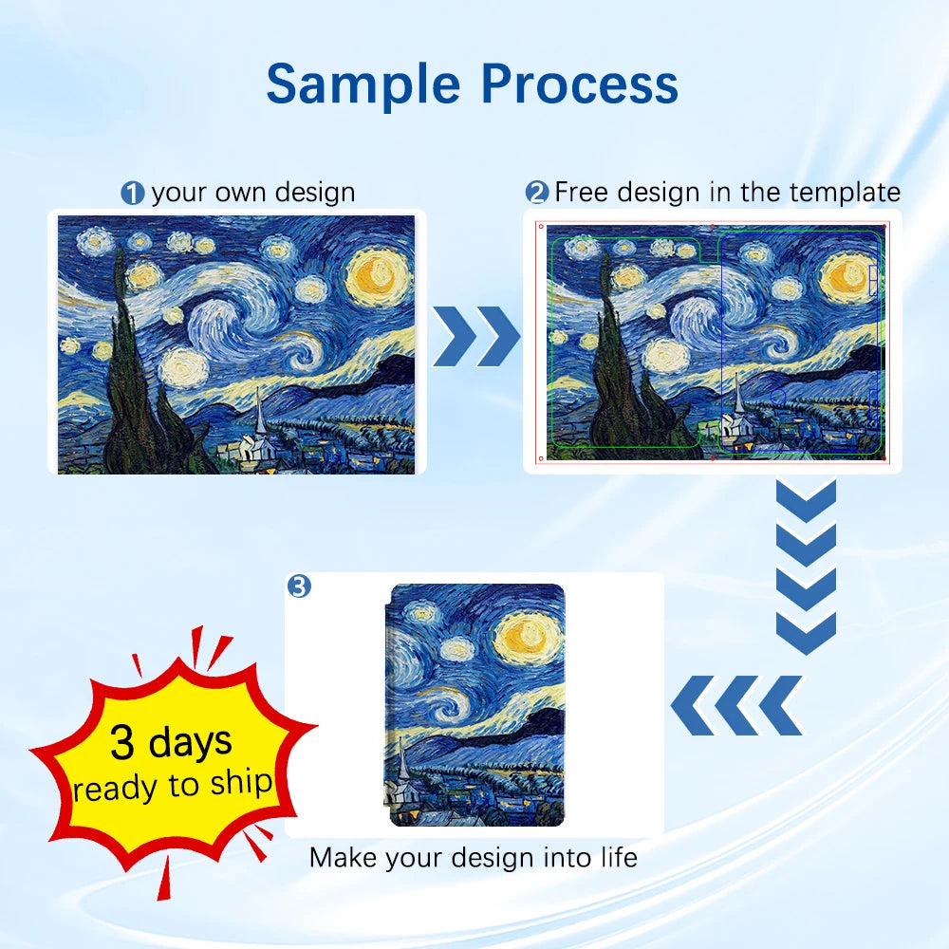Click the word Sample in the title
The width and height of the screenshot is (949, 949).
pyautogui.click(x=363, y=84)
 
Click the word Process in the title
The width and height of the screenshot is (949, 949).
pyautogui.click(x=580, y=84)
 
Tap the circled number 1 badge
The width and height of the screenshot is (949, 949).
pyautogui.click(x=133, y=194)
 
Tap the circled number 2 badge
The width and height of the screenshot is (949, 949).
pyautogui.click(x=537, y=193)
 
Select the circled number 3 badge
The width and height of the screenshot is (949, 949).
pyautogui.click(x=299, y=586)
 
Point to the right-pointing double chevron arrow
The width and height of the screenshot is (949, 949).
pyautogui.click(x=476, y=337)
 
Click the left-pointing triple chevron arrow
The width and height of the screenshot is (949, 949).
pyautogui.click(x=736, y=705)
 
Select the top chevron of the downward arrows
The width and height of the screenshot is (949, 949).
pyautogui.click(x=806, y=501)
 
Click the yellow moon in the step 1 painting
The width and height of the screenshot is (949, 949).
pyautogui.click(x=378, y=275)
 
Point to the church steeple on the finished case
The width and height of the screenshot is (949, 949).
pyautogui.click(x=401, y=759)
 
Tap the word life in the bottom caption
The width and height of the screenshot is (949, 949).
pyautogui.click(x=619, y=857)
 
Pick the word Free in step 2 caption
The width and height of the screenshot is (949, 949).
pyautogui.click(x=583, y=192)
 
